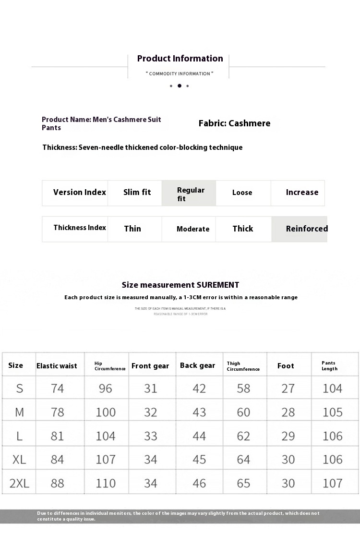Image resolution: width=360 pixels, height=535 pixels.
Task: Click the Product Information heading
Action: pos(180,59)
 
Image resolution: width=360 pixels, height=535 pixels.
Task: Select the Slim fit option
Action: pos(137,192)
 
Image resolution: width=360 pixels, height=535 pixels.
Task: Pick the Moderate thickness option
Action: pos(193,229)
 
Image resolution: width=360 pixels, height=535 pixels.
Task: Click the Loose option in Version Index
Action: pos(242,193)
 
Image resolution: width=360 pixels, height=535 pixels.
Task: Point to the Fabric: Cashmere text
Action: pos(234,123)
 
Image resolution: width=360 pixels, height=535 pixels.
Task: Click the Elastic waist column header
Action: pos(57,366)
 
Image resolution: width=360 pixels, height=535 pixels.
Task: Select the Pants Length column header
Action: pos(329,366)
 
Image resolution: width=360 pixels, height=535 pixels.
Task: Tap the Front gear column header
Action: pos(150,366)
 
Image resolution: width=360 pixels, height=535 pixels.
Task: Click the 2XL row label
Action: pos(19,484)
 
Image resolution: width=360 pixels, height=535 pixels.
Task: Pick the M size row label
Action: pos(19,412)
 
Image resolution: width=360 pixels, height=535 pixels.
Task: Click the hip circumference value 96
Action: pos(106,389)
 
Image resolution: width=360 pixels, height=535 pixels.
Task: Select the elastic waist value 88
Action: pos(57,484)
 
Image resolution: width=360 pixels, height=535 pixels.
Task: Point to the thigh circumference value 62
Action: pos(243,436)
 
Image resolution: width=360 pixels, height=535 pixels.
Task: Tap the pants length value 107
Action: pos(333,484)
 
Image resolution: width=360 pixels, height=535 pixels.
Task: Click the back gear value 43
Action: pos(199,412)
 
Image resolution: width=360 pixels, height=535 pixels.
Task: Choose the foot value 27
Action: pos(288,389)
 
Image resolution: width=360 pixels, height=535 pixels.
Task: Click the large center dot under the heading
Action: pos(180,86)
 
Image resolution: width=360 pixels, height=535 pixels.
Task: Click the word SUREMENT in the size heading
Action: pos(218,285)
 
